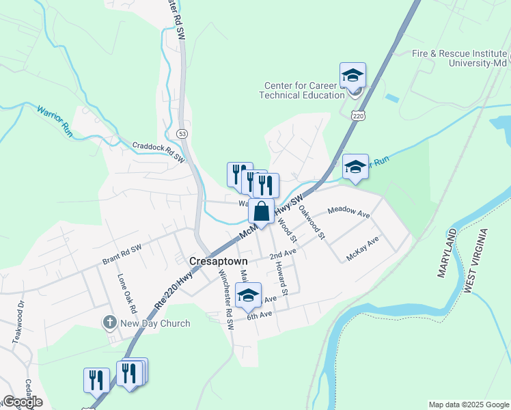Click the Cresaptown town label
(218, 261)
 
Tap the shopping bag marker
(261, 212)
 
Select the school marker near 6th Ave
(248, 296)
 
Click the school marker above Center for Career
(353, 75)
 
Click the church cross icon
(109, 322)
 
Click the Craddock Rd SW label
(159, 152)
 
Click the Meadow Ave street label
(349, 212)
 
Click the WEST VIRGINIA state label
(477, 262)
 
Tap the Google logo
(22, 402)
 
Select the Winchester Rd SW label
(226, 300)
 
